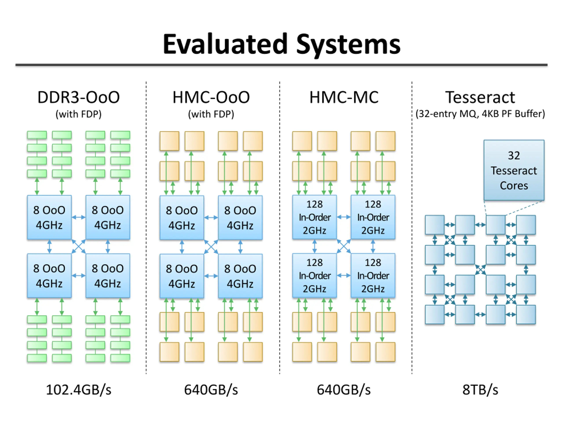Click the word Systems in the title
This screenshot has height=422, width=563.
pos(348,46)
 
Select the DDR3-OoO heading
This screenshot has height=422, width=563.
pos(79,97)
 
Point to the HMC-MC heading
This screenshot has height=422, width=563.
pos(344,97)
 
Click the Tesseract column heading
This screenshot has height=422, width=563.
pos(480,97)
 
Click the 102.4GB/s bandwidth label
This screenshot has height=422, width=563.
pos(79,390)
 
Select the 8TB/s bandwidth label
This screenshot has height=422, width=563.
pos(480,390)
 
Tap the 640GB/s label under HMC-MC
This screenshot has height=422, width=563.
pos(344,390)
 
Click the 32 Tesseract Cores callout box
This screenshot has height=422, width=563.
pos(514,170)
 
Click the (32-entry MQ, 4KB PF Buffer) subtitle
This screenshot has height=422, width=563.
pos(480,114)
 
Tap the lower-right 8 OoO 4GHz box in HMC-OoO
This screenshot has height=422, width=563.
pos(240,276)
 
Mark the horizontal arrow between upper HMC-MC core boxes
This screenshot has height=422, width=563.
pos(344,217)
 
